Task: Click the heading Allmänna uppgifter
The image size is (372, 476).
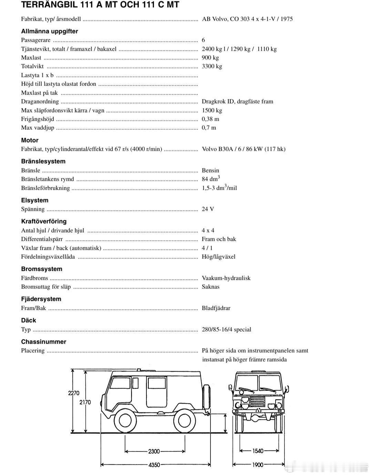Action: (x=50, y=31)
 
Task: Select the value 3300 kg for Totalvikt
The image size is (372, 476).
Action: (x=212, y=66)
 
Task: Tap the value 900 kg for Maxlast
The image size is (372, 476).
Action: (x=210, y=58)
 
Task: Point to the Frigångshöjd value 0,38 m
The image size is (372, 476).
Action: (x=210, y=119)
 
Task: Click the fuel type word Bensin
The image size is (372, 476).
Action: (x=210, y=170)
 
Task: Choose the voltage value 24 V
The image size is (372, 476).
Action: (x=208, y=209)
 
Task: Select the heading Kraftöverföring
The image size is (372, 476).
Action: (x=44, y=221)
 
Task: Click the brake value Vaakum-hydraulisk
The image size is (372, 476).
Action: (x=226, y=278)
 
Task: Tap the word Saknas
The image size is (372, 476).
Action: (x=210, y=287)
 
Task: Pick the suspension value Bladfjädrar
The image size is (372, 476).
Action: (x=216, y=308)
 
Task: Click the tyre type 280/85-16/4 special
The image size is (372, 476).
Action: (x=226, y=329)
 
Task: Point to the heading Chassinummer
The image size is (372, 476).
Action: (x=43, y=342)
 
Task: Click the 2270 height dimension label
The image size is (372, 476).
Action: (x=74, y=393)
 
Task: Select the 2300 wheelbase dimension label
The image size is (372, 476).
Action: (x=154, y=451)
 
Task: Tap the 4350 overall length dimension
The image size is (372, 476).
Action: (x=154, y=465)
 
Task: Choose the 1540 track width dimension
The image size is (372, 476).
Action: (x=258, y=451)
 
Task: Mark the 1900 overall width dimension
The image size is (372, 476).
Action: (x=258, y=465)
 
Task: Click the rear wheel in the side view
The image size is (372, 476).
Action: (x=183, y=421)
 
